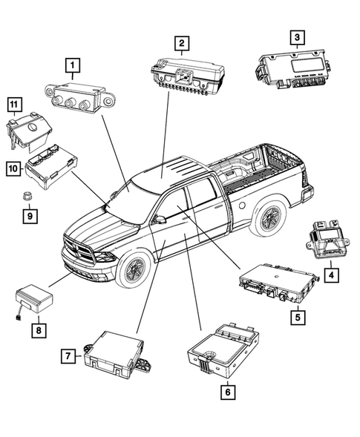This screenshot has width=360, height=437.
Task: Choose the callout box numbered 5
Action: (x=295, y=316)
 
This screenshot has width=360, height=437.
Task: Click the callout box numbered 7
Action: (x=68, y=355)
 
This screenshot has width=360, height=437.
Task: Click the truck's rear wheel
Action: (x=266, y=218)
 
